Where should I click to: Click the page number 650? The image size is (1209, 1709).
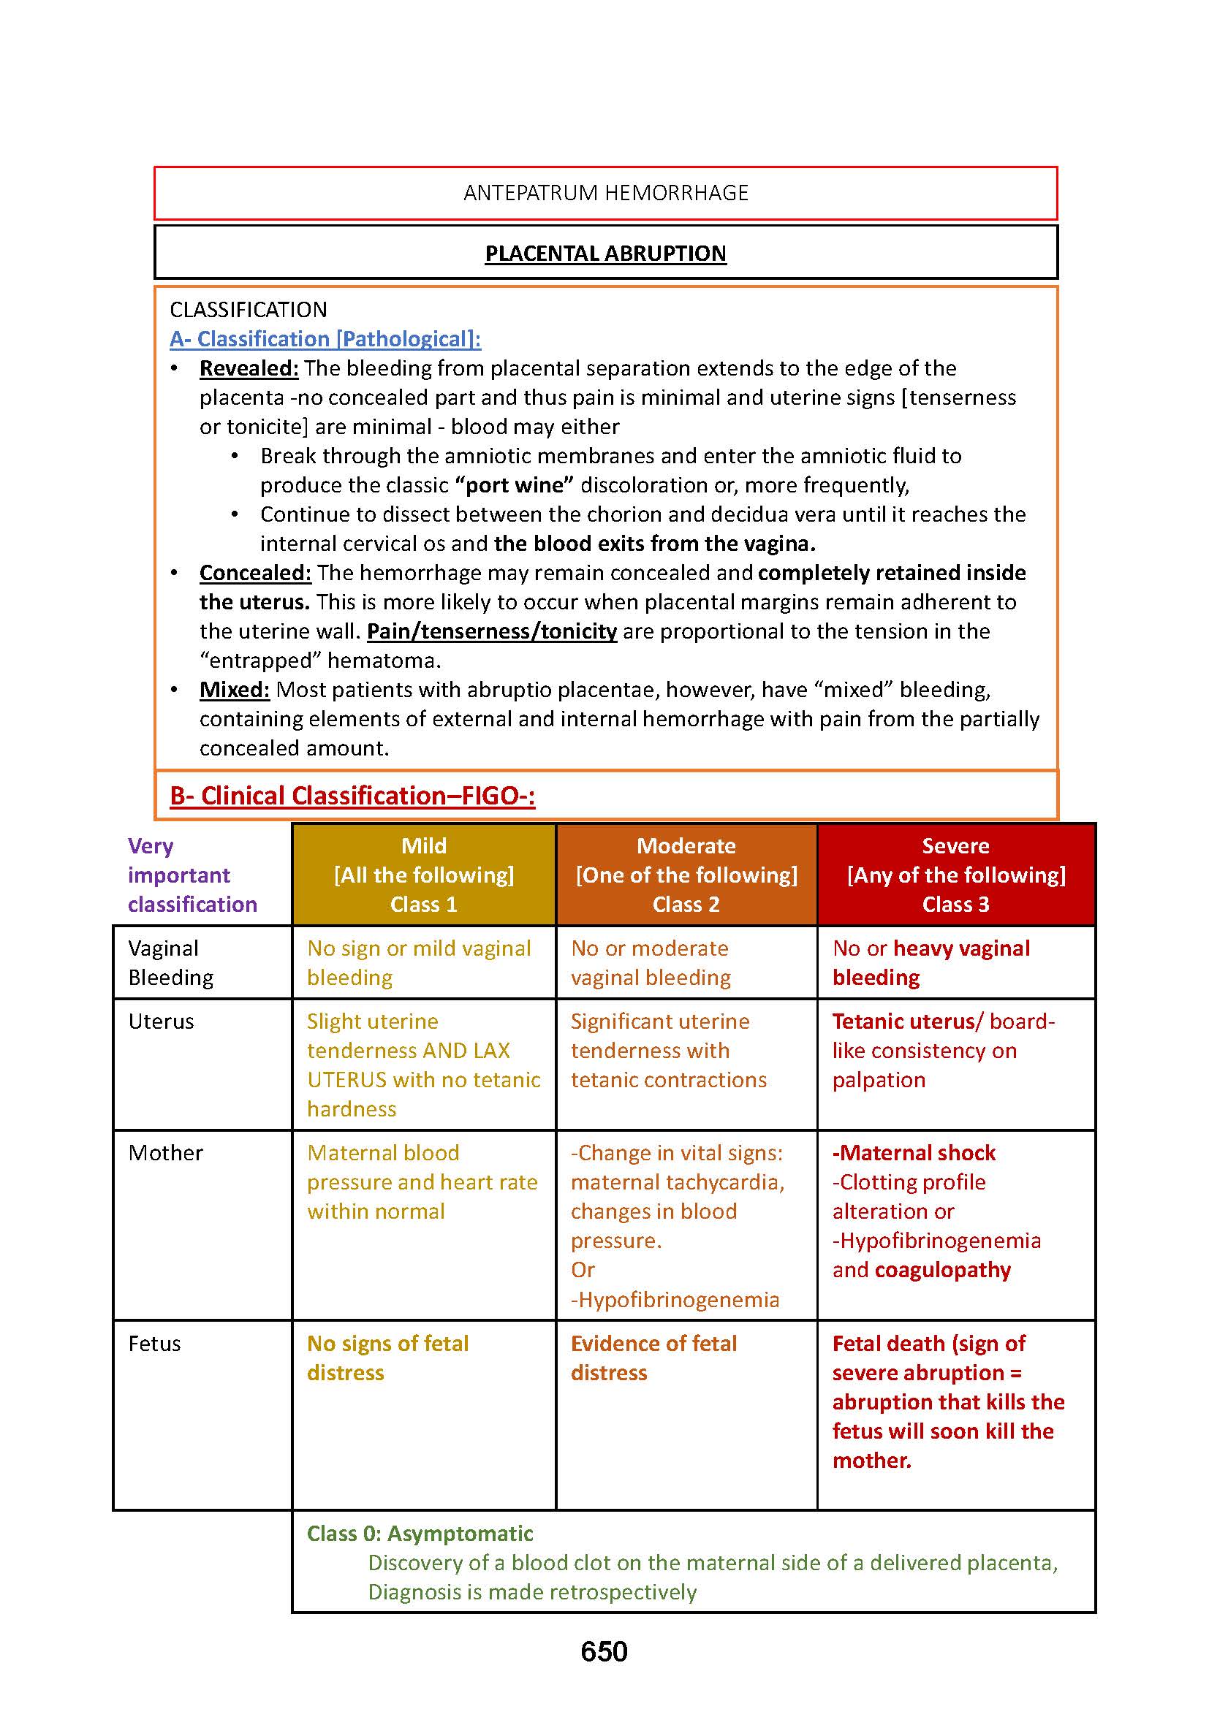click(x=604, y=1651)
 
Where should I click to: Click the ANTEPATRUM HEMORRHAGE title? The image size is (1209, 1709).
click(x=605, y=193)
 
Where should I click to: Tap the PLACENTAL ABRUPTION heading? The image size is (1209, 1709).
click(x=605, y=254)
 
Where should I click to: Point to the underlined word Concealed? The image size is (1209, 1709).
click(x=254, y=572)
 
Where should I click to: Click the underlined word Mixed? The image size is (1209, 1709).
click(x=234, y=689)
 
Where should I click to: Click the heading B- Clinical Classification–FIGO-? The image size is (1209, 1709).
click(x=352, y=796)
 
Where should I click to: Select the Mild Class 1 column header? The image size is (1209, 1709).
click(x=424, y=875)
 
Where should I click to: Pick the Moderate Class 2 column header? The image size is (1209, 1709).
click(x=686, y=875)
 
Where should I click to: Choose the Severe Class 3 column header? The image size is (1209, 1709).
click(x=956, y=875)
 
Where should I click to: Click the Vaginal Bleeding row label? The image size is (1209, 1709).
click(x=170, y=962)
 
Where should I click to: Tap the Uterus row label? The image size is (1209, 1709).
click(x=161, y=1021)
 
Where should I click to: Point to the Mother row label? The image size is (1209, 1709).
click(x=165, y=1153)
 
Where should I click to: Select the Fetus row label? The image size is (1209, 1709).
click(x=154, y=1344)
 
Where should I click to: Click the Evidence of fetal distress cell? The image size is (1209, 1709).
click(x=653, y=1358)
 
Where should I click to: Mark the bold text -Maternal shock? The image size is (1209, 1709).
click(x=914, y=1153)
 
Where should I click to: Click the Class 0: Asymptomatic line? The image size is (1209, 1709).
click(x=420, y=1534)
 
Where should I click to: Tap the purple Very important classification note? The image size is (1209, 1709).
click(x=192, y=875)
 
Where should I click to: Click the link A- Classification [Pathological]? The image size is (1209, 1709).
click(x=325, y=340)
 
